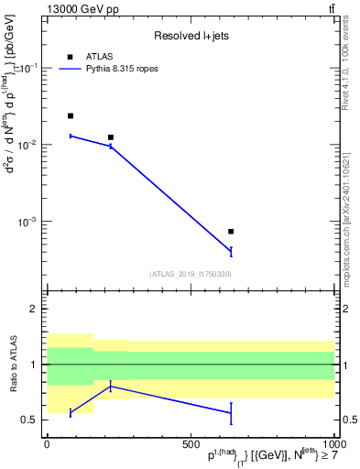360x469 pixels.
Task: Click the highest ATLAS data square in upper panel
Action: pyautogui.click(x=71, y=116)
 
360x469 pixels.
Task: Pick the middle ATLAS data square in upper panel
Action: pyautogui.click(x=111, y=137)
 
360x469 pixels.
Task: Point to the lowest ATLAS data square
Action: pyautogui.click(x=231, y=232)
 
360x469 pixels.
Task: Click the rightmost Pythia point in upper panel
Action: pyautogui.click(x=231, y=251)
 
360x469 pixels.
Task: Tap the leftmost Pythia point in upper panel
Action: pyautogui.click(x=71, y=136)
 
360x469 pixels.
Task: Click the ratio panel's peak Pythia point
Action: pyautogui.click(x=111, y=387)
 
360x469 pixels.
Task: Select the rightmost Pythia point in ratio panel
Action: pyautogui.click(x=231, y=413)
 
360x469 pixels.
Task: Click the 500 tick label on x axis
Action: pyautogui.click(x=191, y=443)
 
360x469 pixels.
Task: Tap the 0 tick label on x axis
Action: pyautogui.click(x=47, y=443)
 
